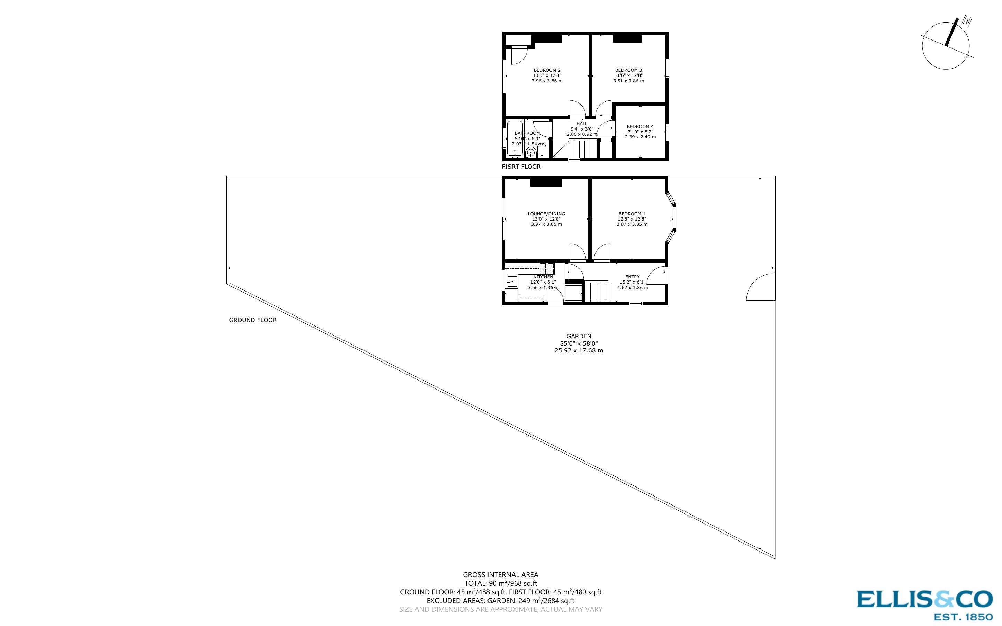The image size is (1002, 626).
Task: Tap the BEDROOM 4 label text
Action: [x=640, y=127]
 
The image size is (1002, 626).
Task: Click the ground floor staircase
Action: [x=598, y=292]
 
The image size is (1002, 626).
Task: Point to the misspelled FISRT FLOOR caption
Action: [x=521, y=167]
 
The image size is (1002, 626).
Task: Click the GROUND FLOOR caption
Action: [x=252, y=320]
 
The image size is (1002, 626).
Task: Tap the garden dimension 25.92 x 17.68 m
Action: [x=579, y=351]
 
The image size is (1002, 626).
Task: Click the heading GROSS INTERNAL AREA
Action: [x=500, y=575]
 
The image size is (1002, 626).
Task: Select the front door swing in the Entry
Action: [x=656, y=276]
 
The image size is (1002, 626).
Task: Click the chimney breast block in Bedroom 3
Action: [x=627, y=38]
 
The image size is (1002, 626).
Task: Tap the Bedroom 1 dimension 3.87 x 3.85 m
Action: [x=632, y=224]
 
